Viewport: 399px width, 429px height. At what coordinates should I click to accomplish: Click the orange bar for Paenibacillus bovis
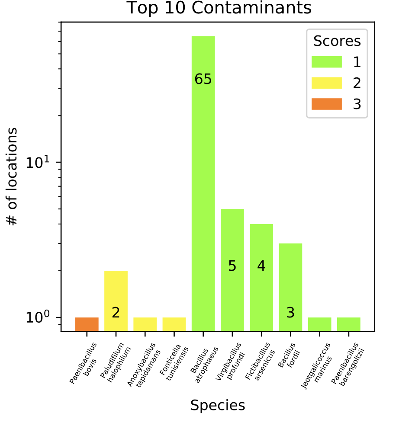tap(87, 324)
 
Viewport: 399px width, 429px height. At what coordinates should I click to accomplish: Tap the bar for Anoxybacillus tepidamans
tap(145, 324)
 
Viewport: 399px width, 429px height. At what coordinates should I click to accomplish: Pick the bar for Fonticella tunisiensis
tap(174, 324)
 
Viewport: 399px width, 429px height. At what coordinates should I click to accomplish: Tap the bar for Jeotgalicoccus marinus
tap(319, 324)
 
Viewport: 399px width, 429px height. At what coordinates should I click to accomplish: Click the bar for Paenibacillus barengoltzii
tap(348, 324)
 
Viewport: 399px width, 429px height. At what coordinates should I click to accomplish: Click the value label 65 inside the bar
tap(203, 79)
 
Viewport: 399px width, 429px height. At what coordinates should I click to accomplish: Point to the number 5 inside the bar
tap(232, 266)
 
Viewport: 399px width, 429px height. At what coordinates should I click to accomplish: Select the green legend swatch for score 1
tap(327, 62)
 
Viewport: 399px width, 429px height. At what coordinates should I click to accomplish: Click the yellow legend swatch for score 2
tap(327, 83)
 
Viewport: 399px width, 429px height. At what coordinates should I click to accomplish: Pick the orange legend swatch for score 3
tap(327, 104)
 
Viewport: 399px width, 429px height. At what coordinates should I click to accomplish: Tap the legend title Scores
tap(337, 41)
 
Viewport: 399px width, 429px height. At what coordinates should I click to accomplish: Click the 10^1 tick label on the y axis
tap(38, 163)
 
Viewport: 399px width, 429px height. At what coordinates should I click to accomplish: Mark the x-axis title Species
tap(218, 406)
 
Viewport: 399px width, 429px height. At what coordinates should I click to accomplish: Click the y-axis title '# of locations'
tap(13, 176)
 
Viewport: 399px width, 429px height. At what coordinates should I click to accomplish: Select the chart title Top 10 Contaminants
tap(219, 8)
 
